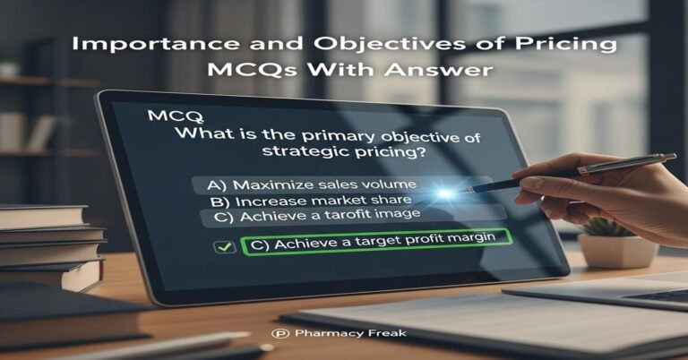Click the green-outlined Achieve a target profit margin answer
[x=375, y=242]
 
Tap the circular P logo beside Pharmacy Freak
[x=276, y=333]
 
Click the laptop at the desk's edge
[x=609, y=290]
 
